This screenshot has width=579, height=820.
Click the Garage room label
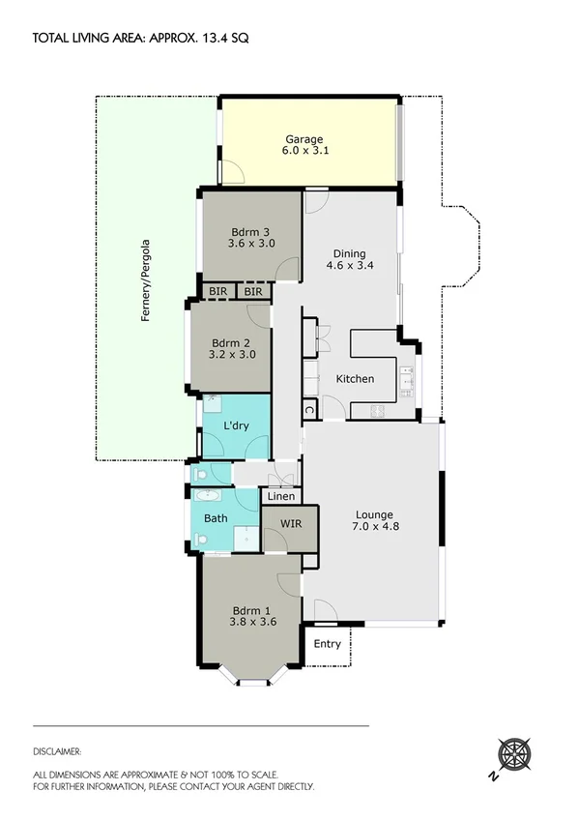click(x=303, y=145)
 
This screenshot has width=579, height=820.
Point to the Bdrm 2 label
click(x=233, y=348)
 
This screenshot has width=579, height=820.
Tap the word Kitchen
click(x=355, y=378)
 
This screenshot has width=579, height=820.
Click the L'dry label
click(x=237, y=425)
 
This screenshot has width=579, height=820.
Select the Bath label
click(x=216, y=518)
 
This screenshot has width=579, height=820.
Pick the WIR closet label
click(x=292, y=523)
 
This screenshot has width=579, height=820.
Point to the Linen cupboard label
click(x=280, y=496)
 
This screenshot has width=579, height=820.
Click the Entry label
click(x=328, y=643)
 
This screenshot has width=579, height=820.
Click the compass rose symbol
click(x=512, y=753)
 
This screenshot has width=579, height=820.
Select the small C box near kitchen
click(x=308, y=409)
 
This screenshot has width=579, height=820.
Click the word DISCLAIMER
click(x=57, y=750)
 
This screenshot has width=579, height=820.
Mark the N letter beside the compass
click(x=493, y=776)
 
